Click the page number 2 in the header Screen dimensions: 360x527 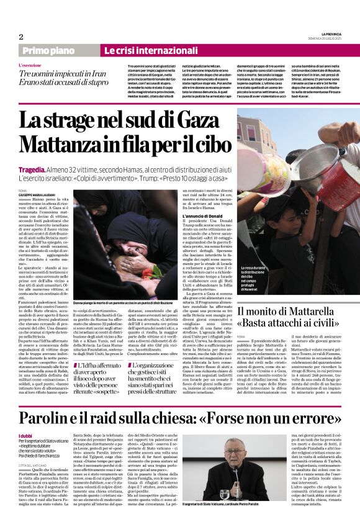pyautogui.click(x=21, y=37)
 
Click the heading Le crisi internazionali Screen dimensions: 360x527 pyautogui.click(x=141, y=50)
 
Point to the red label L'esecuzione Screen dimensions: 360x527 pyautogui.click(x=30, y=65)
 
